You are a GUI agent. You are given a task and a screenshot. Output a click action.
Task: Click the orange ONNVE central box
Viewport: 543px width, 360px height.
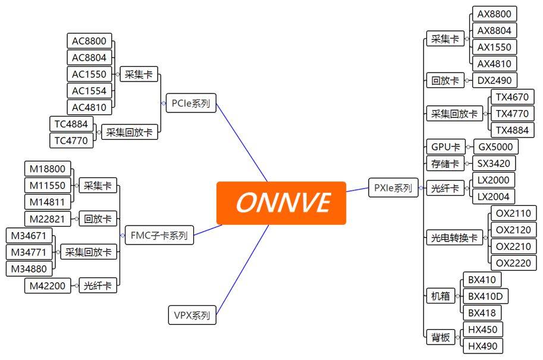click(281, 203)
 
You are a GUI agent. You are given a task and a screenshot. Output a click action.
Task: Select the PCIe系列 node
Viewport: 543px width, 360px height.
click(190, 103)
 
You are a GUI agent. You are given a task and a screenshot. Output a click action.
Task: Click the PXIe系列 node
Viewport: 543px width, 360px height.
click(393, 188)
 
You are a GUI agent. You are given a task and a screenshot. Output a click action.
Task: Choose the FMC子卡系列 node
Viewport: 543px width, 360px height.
click(159, 236)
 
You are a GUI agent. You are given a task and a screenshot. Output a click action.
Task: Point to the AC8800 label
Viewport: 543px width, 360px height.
click(89, 41)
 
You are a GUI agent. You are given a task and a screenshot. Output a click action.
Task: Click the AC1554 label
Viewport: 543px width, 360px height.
click(89, 91)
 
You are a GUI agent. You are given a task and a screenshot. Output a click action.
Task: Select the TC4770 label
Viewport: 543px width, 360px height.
click(71, 141)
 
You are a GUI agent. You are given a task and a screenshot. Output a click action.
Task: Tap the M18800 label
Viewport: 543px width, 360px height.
click(48, 169)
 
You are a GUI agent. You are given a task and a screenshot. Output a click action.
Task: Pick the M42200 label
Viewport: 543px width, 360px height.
click(48, 286)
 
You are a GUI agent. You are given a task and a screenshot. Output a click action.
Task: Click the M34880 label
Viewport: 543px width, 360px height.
click(29, 269)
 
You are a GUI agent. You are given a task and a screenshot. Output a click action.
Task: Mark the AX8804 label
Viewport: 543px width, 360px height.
click(494, 30)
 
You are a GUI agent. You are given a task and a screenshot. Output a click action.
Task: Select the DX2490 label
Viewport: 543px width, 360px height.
click(494, 80)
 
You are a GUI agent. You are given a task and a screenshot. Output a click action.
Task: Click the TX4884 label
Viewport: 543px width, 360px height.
click(512, 130)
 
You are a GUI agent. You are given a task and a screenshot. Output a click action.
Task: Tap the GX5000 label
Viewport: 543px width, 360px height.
click(495, 146)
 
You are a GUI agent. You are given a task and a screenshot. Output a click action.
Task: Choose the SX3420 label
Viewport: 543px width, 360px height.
click(494, 163)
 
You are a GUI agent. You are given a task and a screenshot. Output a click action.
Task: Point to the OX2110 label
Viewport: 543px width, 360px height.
click(513, 213)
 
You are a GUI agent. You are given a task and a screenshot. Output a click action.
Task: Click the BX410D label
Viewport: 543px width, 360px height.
click(486, 296)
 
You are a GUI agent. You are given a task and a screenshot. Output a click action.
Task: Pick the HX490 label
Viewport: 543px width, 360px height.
click(483, 346)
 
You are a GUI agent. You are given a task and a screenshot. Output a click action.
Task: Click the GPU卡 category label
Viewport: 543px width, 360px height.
click(445, 146)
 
